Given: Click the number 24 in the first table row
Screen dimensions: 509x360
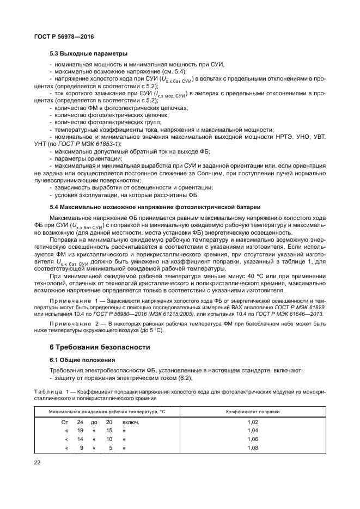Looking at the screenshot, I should [80, 422].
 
